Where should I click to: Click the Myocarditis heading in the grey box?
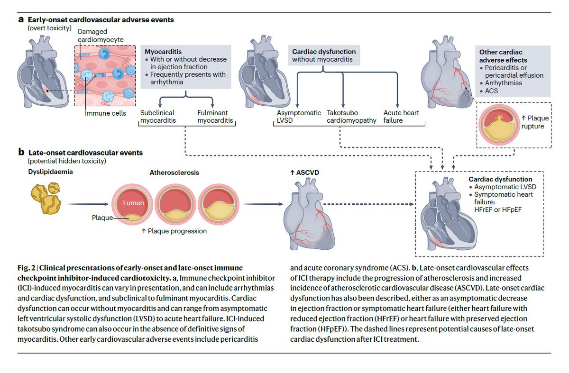pos(163,52)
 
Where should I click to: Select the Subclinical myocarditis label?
pos(158,117)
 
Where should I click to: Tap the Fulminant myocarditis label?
pos(215,117)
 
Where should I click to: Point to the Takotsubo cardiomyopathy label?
pos(351,117)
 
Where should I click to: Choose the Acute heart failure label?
pos(401,117)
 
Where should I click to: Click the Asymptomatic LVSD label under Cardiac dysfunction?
pos(299,117)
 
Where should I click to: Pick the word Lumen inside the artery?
pos(133,203)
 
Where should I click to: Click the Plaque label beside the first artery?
pos(102,218)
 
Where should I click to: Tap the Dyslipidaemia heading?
pos(50,172)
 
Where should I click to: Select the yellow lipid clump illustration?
pos(46,198)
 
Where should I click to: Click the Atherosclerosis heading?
pos(174,173)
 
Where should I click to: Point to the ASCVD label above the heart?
pos(304,173)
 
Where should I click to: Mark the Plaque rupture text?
pos(535,122)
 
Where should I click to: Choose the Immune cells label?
pos(105,113)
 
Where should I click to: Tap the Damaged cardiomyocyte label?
pos(101,36)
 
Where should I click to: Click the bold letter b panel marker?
pos(21,152)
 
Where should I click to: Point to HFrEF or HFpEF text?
pos(498,210)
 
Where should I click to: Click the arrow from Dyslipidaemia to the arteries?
pos(88,204)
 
